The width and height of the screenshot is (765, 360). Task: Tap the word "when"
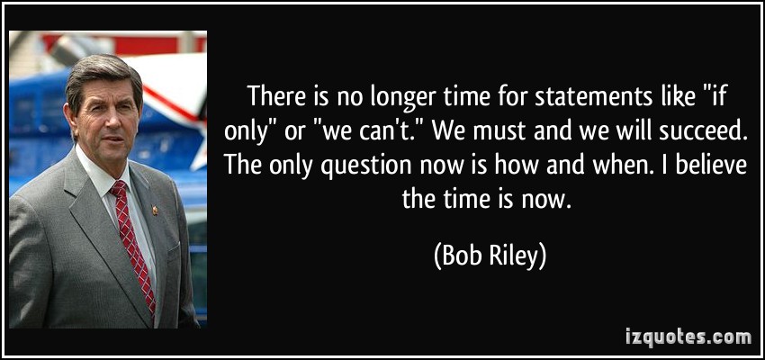(x=606, y=166)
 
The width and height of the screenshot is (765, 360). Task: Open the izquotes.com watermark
(x=688, y=337)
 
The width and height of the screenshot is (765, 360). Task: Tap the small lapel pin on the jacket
(x=155, y=211)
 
